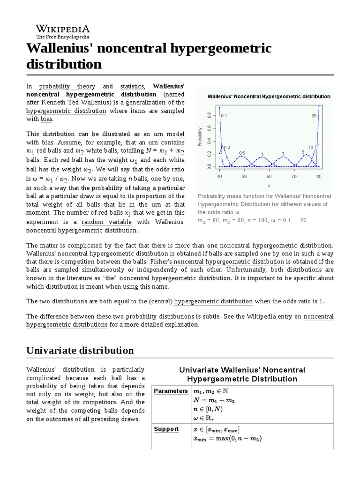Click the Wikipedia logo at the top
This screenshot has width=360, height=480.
[63, 31]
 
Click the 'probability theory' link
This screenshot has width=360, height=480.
[67, 86]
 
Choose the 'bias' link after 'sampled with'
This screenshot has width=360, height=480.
[46, 120]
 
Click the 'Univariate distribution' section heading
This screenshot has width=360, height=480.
[80, 350]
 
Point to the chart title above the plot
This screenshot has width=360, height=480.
[269, 96]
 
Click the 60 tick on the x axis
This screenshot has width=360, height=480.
[269, 177]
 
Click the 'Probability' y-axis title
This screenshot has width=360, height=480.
[200, 136]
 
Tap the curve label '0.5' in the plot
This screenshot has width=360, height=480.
[242, 153]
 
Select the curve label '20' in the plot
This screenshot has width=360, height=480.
[314, 115]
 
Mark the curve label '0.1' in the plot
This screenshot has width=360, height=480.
[224, 115]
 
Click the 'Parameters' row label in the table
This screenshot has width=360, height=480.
[171, 391]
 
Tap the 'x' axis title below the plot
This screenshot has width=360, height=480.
[269, 186]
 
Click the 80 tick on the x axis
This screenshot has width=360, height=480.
[319, 177]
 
